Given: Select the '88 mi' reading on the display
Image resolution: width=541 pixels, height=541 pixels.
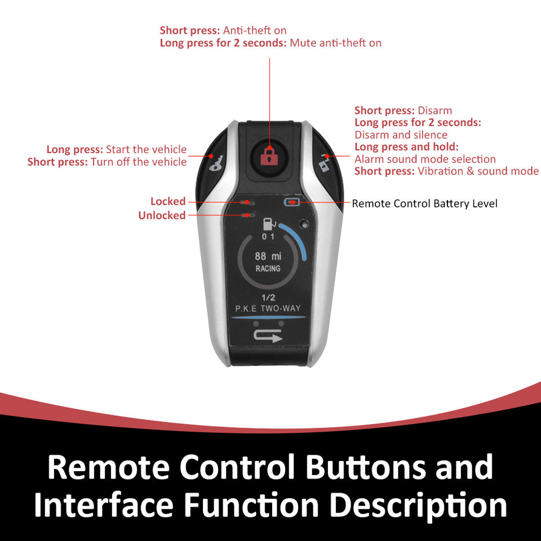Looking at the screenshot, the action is [268, 255].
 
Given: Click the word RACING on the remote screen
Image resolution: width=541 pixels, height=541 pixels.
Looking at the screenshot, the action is [268, 268].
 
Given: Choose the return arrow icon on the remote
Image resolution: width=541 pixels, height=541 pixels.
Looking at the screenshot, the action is [268, 336].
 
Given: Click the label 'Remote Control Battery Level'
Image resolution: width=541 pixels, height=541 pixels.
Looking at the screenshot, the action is [424, 203].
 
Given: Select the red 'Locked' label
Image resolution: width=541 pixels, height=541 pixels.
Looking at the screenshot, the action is [168, 201].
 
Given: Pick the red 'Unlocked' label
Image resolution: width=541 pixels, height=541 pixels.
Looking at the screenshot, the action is [162, 215].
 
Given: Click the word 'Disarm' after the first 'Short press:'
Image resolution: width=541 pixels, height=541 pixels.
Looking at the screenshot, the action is [434, 110].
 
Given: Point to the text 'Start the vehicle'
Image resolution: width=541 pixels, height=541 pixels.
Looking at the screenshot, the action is [146, 149].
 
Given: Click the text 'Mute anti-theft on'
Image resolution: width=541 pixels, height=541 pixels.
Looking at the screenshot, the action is [335, 42].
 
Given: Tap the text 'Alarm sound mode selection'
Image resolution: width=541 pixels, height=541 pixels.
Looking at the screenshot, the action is [425, 159].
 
